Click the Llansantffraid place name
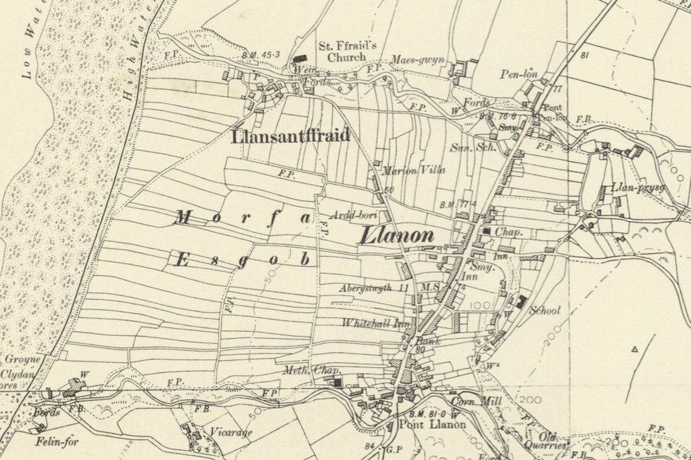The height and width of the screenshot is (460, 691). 290,136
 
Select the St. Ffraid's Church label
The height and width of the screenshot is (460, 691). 346,52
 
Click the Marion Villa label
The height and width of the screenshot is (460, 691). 409,170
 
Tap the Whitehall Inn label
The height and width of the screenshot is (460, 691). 375,324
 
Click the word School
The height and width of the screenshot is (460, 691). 545,311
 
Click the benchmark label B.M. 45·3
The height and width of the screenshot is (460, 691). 261,55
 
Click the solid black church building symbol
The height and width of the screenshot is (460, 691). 299,58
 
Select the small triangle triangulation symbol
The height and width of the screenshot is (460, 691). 636,349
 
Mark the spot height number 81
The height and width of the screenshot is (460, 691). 586,55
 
